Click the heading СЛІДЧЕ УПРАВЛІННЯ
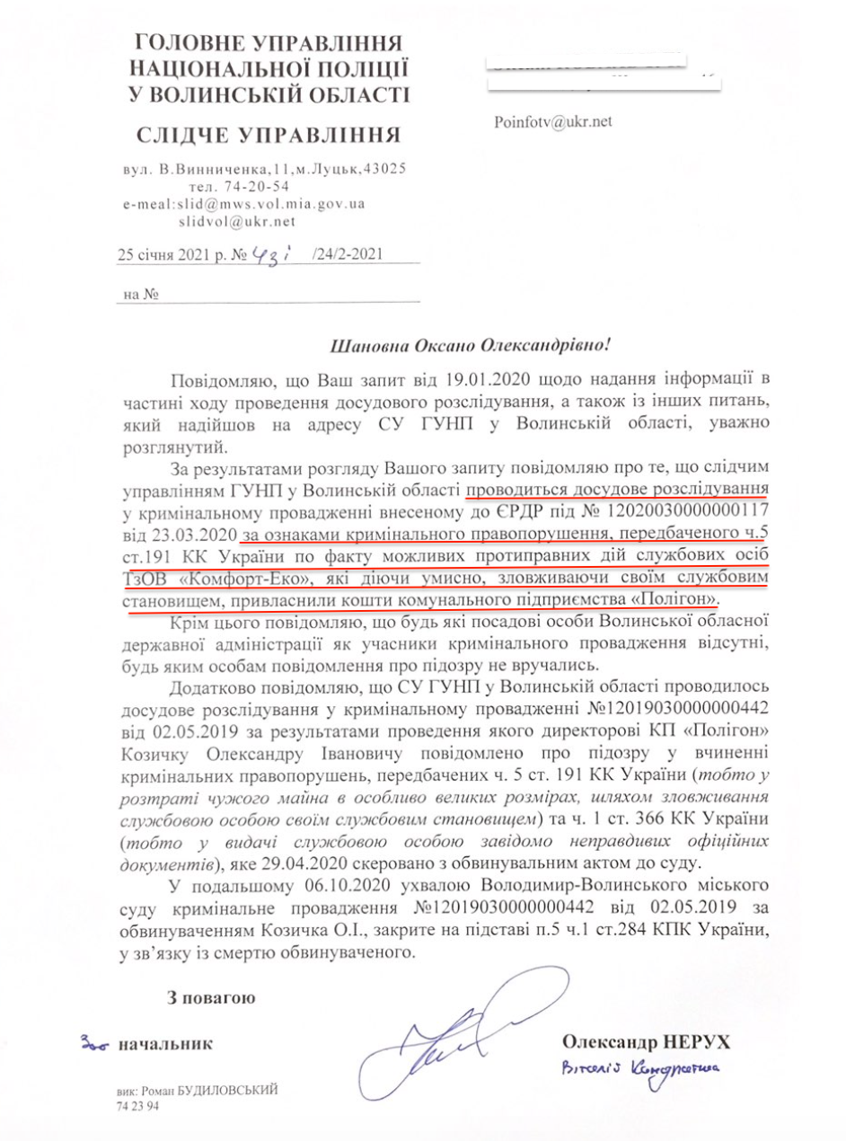tap(269, 136)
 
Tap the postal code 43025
tap(384, 169)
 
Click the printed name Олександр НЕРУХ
tap(646, 1041)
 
